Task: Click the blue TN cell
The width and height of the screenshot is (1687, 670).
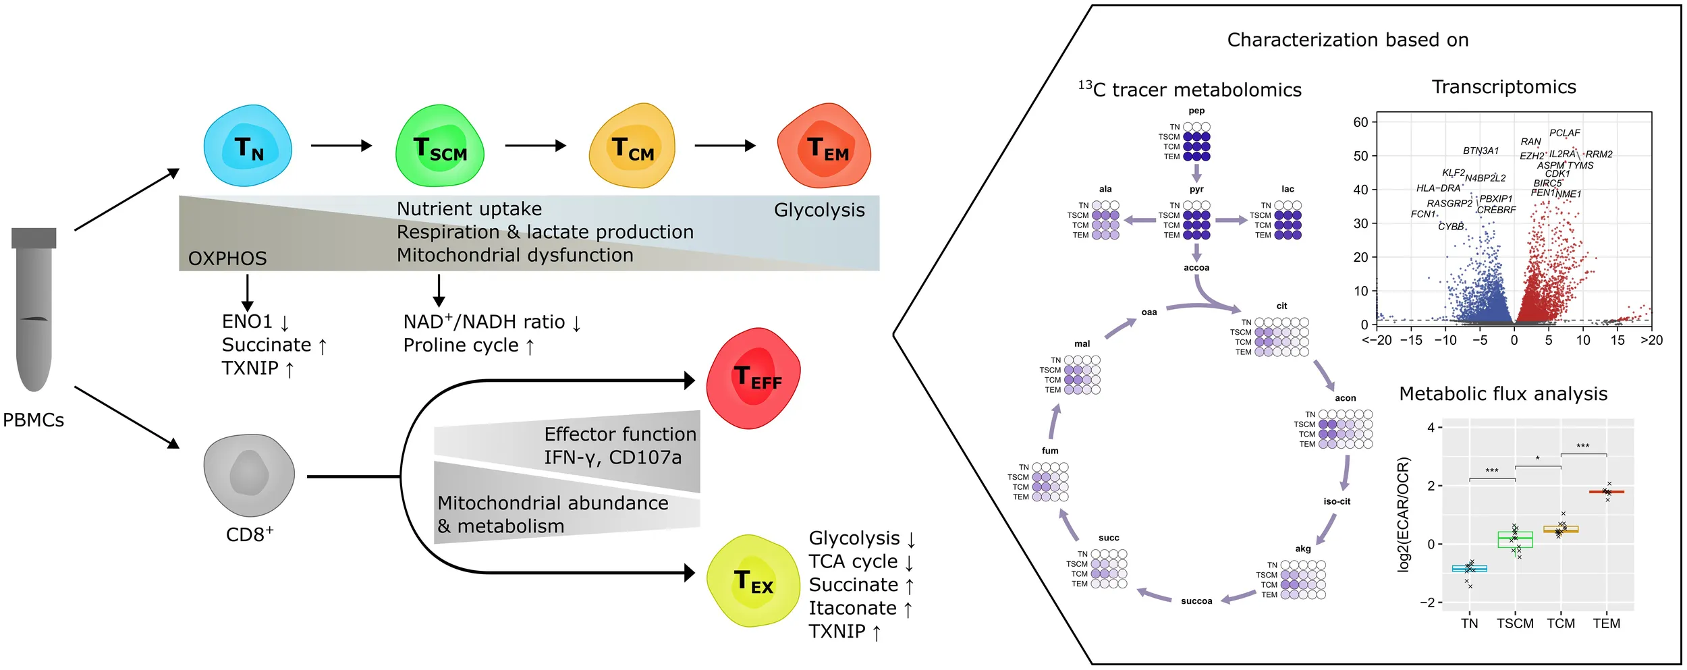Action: (x=248, y=146)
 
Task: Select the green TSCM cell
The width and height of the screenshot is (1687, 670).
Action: (x=439, y=146)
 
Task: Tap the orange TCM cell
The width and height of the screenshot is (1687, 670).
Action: (x=632, y=146)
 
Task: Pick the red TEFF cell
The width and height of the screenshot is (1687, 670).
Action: (x=753, y=378)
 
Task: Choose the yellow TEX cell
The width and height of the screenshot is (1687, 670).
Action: (x=753, y=581)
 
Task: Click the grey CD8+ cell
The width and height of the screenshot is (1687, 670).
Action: (x=249, y=475)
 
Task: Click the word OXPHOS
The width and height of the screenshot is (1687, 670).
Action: (x=227, y=258)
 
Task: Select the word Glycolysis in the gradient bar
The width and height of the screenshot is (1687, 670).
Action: (x=819, y=211)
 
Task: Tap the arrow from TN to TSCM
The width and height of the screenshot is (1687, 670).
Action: (x=341, y=145)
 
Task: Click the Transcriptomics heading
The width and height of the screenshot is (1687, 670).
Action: (x=1504, y=87)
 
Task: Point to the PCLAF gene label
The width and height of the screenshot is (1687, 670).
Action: (x=1564, y=133)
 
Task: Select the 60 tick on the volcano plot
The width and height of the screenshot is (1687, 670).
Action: (x=1360, y=122)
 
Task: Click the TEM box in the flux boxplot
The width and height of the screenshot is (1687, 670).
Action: (x=1606, y=492)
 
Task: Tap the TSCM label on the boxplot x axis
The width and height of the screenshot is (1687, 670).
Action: (x=1515, y=623)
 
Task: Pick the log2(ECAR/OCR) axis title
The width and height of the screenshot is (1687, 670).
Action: (x=1403, y=515)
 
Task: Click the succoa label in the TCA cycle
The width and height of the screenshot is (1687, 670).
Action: (x=1196, y=601)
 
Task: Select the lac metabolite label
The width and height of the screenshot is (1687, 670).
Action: (x=1288, y=189)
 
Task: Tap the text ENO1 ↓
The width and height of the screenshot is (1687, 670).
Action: (x=256, y=322)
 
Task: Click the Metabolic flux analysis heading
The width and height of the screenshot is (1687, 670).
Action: (x=1503, y=394)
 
